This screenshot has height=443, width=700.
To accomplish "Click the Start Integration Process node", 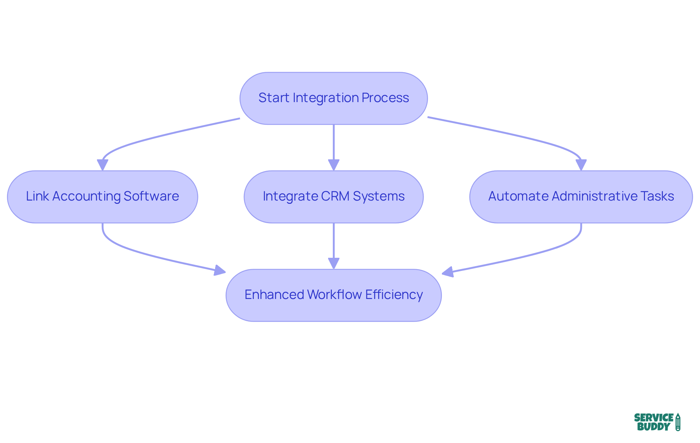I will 333,98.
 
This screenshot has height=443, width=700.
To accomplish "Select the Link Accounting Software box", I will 102,197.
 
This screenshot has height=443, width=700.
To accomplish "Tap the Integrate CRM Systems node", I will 333,197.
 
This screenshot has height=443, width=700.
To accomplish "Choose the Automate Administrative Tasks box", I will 581,197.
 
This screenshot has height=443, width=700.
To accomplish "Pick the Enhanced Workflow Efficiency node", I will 333,295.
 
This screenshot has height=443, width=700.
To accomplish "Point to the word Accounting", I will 86,196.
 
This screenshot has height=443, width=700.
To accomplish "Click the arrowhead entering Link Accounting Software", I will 102,165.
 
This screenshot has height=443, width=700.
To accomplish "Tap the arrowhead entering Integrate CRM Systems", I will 334,165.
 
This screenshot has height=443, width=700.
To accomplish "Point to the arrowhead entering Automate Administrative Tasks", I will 581,165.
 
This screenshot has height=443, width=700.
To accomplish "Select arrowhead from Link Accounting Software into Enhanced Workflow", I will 220,271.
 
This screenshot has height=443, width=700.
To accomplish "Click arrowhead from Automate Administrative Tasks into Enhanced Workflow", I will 448,272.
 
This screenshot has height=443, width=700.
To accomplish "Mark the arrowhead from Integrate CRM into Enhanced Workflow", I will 334,263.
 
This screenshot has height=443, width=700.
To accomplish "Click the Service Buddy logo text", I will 653,422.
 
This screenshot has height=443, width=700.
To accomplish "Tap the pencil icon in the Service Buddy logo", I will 678,422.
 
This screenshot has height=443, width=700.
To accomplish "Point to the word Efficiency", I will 394,295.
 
